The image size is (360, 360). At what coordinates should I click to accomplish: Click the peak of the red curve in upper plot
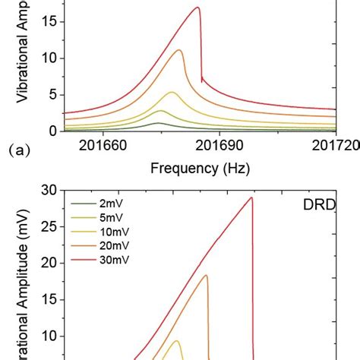point(198,8)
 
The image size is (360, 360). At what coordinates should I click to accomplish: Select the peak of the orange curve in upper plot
point(179,50)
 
